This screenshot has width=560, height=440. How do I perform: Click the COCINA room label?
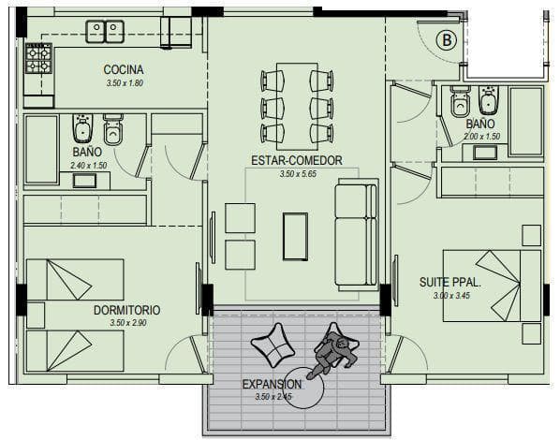click(x=124, y=69)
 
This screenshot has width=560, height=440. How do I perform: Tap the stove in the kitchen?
click(x=38, y=58)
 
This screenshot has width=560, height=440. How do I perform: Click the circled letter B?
click(x=447, y=39)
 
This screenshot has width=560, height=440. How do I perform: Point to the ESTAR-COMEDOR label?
click(x=297, y=160)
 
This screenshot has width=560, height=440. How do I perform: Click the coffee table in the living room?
click(x=295, y=237)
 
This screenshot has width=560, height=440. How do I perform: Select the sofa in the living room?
click(x=356, y=235)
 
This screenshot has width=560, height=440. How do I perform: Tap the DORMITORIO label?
click(x=126, y=310)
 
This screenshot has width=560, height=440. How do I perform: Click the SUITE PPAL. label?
click(x=450, y=282)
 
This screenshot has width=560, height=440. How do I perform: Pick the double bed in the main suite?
click(x=492, y=286)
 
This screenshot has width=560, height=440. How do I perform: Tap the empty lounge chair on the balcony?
click(x=273, y=345)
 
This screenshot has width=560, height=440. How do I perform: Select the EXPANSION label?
click(x=273, y=384)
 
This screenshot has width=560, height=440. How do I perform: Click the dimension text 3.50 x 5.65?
click(x=298, y=174)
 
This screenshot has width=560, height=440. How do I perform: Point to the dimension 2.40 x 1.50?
click(x=89, y=166)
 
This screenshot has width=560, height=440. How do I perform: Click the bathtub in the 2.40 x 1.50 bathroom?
click(x=41, y=149)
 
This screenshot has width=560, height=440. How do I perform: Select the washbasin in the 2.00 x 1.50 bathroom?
click(x=485, y=153)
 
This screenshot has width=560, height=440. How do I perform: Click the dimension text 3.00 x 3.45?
click(x=451, y=296)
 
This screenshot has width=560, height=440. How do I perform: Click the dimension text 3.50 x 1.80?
click(x=125, y=83)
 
